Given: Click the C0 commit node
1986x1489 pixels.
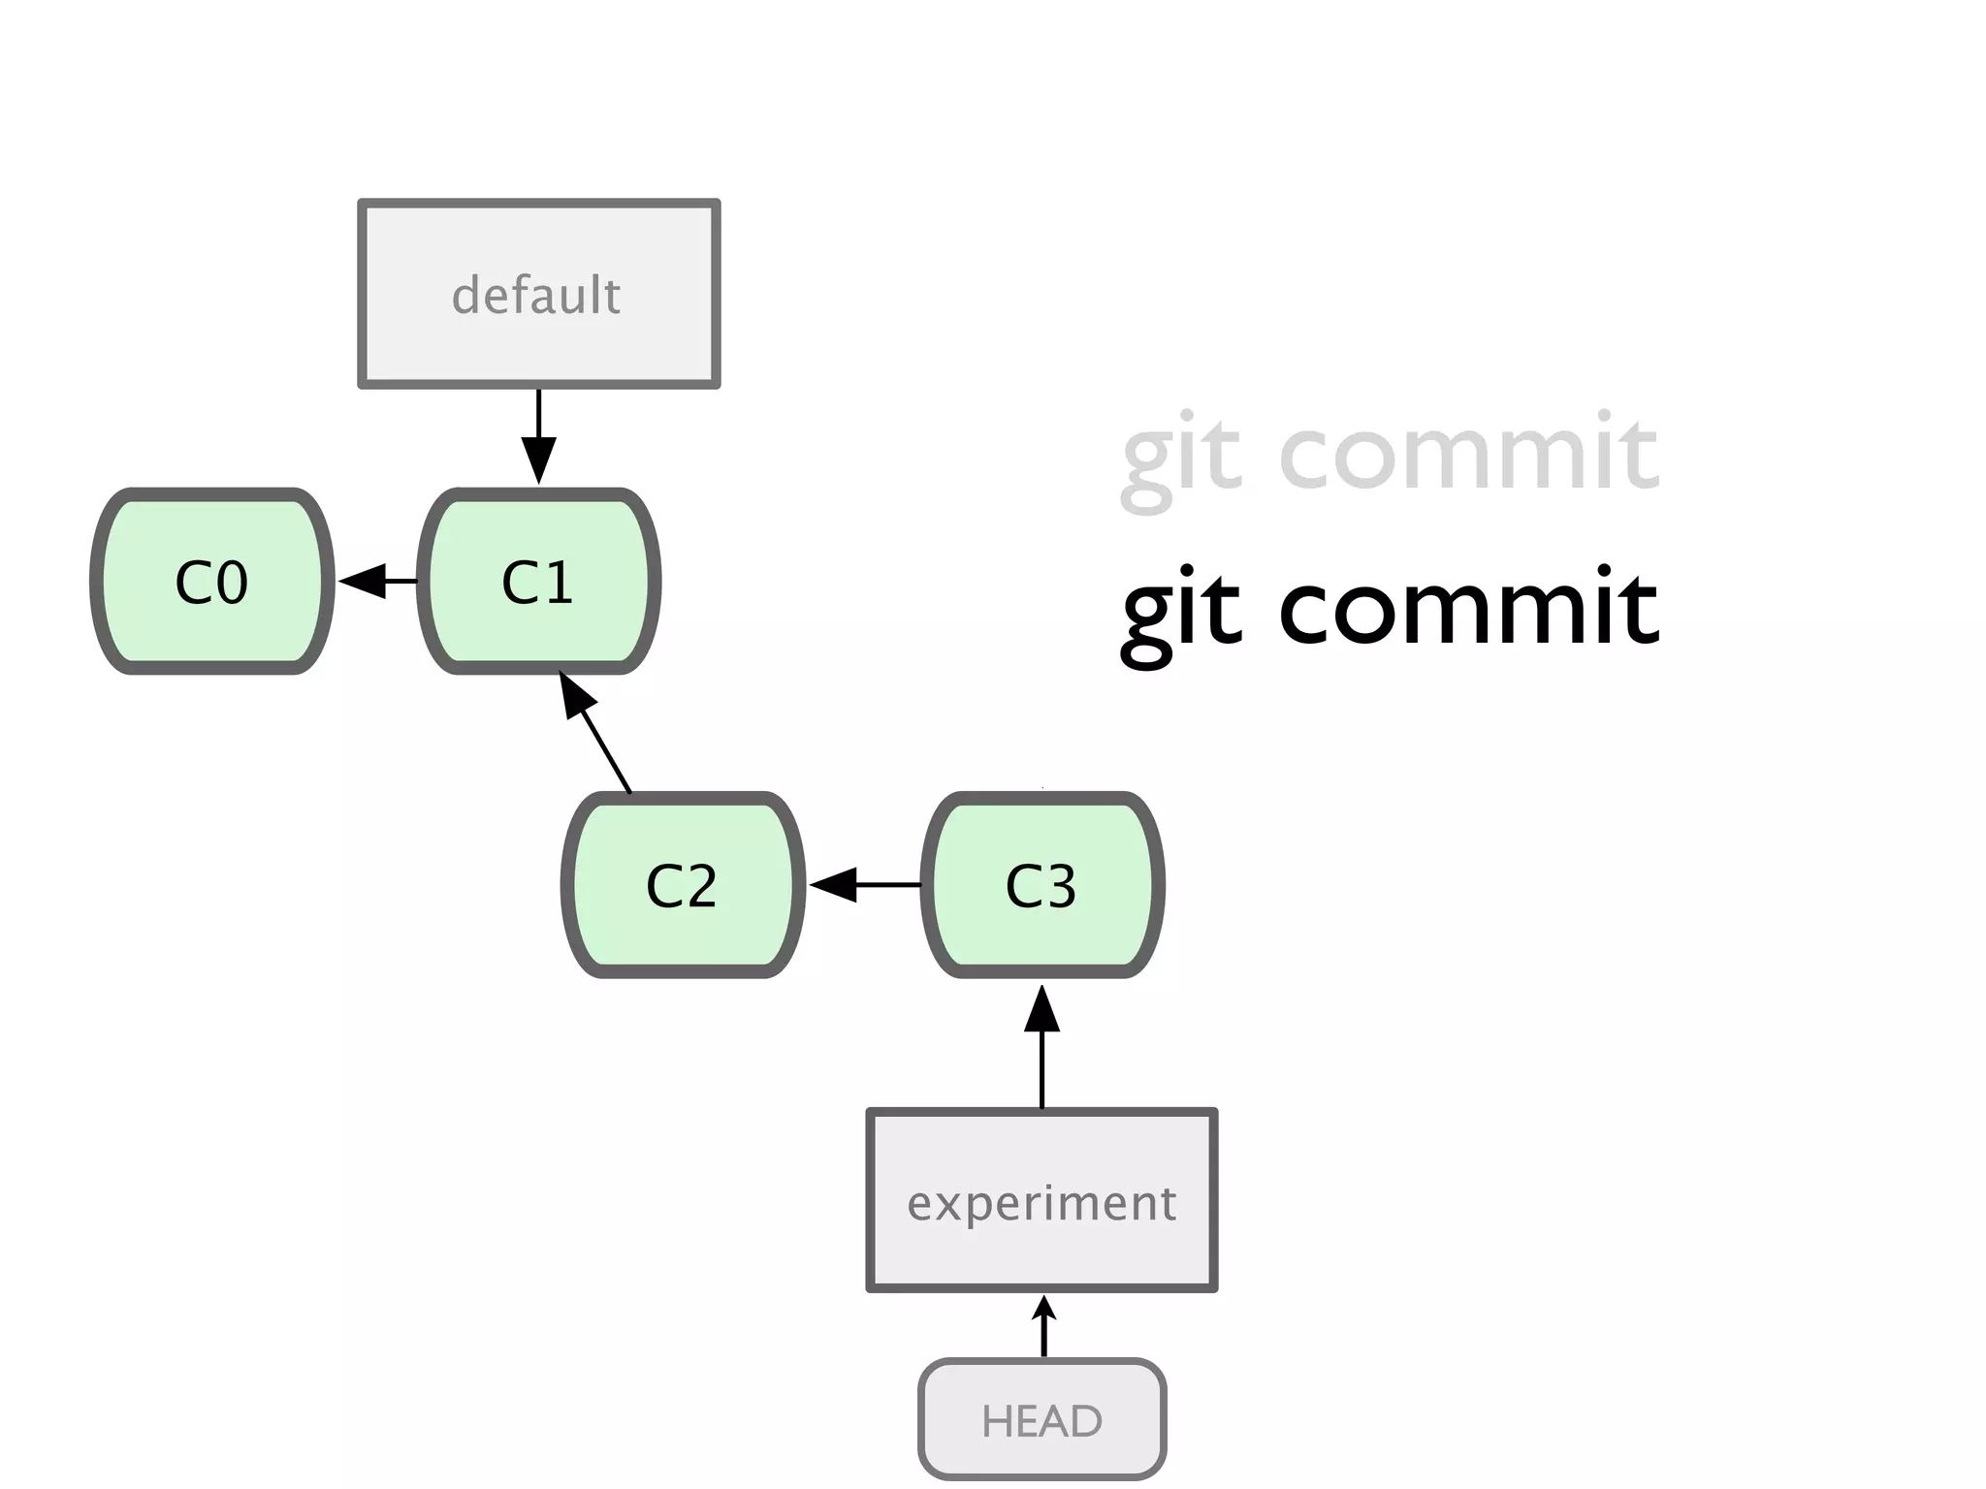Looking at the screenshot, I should tap(211, 582).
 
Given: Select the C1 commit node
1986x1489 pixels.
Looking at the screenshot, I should tap(539, 582).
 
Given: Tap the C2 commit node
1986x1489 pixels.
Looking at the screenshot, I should tap(683, 885).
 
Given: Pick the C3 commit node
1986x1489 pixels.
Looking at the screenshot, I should tap(1041, 885).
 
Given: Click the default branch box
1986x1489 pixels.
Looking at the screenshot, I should tap(539, 294).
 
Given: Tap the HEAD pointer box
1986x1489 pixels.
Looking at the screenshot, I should tap(1041, 1420).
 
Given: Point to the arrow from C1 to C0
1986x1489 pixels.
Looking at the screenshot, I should tap(378, 582).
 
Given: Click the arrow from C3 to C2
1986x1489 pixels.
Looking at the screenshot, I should tap(863, 885).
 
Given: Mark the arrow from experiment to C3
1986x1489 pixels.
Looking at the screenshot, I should tap(1041, 1047).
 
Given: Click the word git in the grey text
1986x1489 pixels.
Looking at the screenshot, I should tap(1181, 456).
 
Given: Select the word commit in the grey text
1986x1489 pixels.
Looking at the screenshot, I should tap(1468, 452).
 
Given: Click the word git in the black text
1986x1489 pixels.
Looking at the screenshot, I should tap(1181, 611).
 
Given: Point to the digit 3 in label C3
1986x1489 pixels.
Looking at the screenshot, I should tap(1061, 886).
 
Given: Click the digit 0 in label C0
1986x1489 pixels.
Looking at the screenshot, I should tap(232, 583).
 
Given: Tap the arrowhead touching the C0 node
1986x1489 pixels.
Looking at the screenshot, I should tap(361, 582).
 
